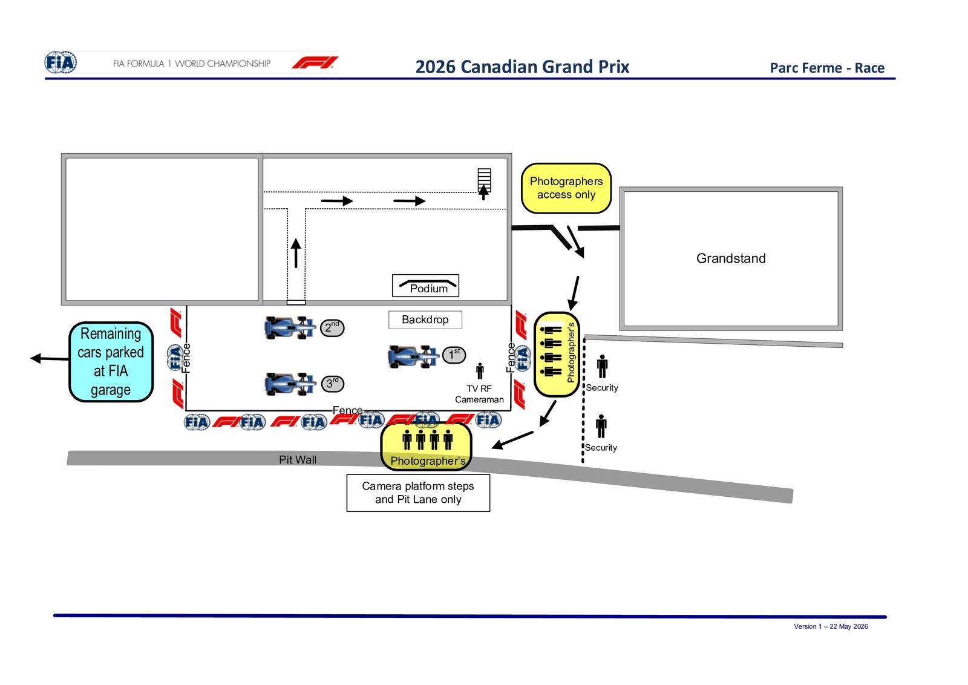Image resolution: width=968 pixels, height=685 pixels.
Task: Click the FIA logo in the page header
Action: click(61, 63)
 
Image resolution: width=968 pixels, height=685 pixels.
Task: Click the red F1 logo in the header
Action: click(315, 63)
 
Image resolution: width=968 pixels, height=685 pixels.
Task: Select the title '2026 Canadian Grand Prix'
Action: click(522, 67)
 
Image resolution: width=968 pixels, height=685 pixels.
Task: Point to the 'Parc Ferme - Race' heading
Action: click(827, 68)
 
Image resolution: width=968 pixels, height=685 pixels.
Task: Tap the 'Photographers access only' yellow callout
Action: click(566, 188)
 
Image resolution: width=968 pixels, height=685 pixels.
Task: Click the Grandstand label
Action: click(731, 258)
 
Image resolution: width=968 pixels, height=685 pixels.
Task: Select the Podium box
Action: click(426, 286)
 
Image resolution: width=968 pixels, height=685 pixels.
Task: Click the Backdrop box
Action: click(425, 320)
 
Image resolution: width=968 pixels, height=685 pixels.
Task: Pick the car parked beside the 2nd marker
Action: click(289, 327)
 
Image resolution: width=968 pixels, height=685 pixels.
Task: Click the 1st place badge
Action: click(454, 355)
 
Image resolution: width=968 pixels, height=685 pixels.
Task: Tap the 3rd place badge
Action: click(332, 384)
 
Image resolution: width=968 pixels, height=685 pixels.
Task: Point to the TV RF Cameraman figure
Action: click(480, 371)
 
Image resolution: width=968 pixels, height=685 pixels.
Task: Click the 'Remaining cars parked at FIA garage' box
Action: click(111, 362)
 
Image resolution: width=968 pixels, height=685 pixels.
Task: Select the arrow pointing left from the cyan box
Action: click(49, 358)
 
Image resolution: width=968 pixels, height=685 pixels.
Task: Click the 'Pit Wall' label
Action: click(297, 459)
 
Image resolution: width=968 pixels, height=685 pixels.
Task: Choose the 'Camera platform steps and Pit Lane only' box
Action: click(418, 493)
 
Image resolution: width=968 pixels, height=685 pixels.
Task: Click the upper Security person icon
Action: click(603, 367)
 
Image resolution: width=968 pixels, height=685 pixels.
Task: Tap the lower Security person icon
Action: click(601, 426)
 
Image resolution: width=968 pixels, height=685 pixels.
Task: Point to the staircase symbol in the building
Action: click(484, 180)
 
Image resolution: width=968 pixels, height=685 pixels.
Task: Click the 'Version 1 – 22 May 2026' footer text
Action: click(831, 627)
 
